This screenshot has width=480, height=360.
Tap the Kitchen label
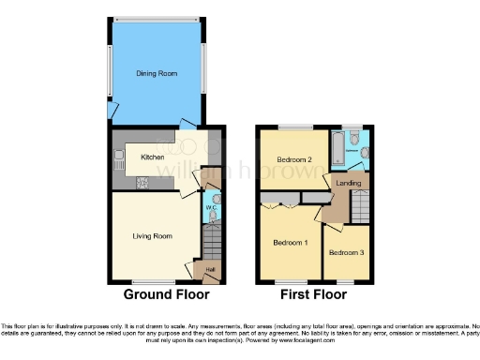pos(153,157)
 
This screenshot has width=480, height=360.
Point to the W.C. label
pos(212,208)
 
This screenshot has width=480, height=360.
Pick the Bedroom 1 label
pos(289,242)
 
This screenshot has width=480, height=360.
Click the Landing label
pos(350,183)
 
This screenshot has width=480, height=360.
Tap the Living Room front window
pos(152,281)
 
